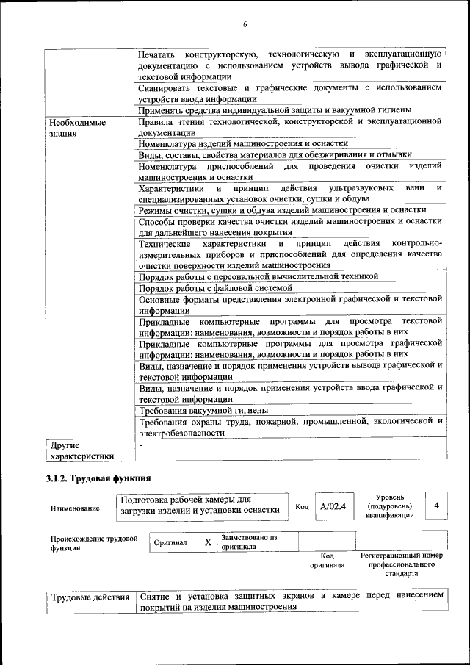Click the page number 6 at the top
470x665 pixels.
(245, 26)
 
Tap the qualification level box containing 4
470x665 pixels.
(437, 506)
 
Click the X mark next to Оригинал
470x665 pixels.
(208, 542)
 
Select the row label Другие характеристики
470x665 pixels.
(80, 450)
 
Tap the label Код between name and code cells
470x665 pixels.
(302, 507)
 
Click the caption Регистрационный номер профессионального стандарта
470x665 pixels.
(402, 564)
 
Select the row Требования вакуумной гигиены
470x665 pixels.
(203, 410)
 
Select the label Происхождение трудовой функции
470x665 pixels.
(94, 543)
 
